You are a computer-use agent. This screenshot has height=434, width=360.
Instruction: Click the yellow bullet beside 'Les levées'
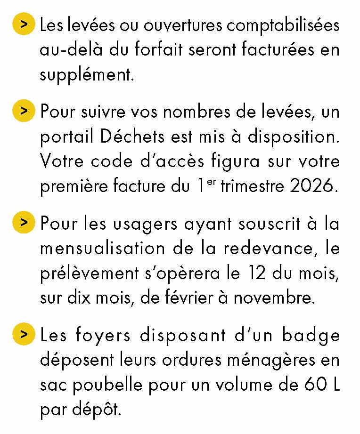pyautogui.click(x=24, y=24)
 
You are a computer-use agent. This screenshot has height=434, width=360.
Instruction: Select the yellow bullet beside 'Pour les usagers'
pyautogui.click(x=24, y=223)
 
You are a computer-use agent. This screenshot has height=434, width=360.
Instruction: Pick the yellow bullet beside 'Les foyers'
pyautogui.click(x=24, y=335)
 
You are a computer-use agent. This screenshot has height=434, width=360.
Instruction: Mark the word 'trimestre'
pyautogui.click(x=249, y=186)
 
